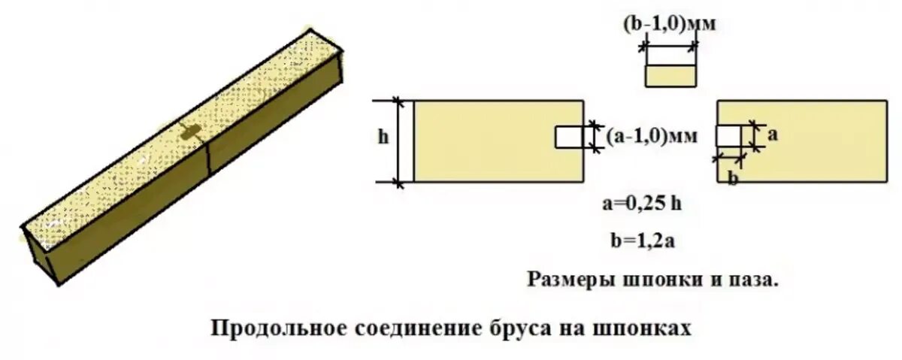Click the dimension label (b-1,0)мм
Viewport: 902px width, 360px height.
[x=668, y=23]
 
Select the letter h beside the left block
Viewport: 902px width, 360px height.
[x=383, y=138]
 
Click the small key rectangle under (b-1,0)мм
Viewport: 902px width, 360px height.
[x=669, y=75]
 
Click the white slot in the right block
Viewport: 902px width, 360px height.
[x=728, y=136]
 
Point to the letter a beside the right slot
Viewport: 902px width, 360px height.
[x=772, y=135]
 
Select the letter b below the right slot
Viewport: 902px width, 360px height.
[x=732, y=178]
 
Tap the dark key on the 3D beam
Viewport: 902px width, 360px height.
[x=189, y=133]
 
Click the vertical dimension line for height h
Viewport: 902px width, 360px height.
[x=398, y=141]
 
